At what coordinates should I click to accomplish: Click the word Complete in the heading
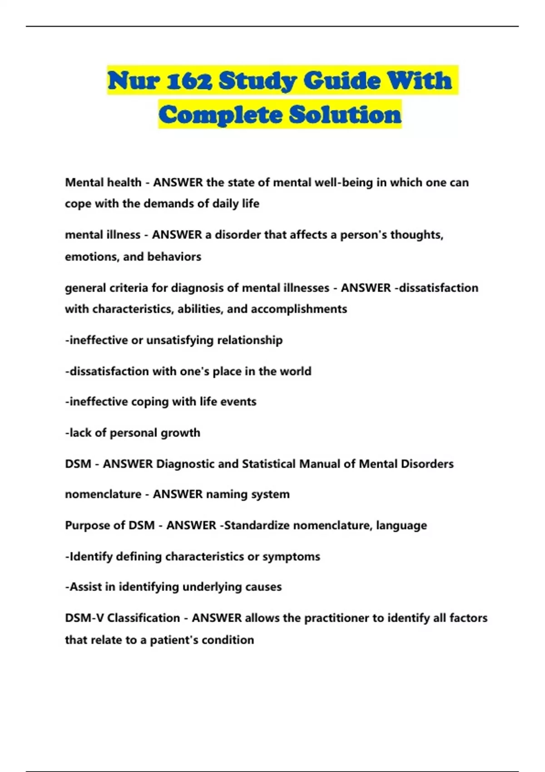pyautogui.click(x=221, y=114)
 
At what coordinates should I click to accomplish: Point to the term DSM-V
pyautogui.click(x=84, y=619)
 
